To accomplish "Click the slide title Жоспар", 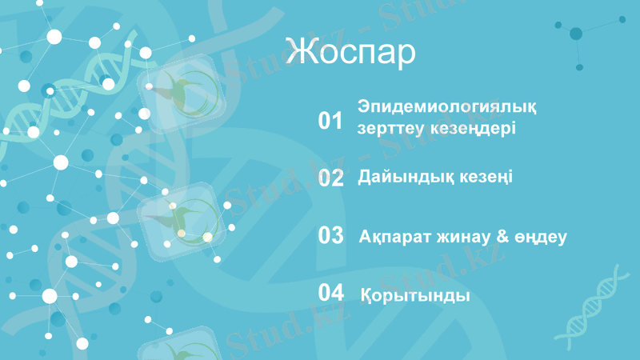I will (350, 53).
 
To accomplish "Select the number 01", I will (330, 121).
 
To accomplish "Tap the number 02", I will (330, 178).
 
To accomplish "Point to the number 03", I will (330, 236).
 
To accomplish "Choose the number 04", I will (330, 293).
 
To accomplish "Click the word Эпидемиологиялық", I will (447, 107).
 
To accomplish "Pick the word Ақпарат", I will (394, 238).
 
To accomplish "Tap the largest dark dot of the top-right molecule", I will (576, 34).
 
